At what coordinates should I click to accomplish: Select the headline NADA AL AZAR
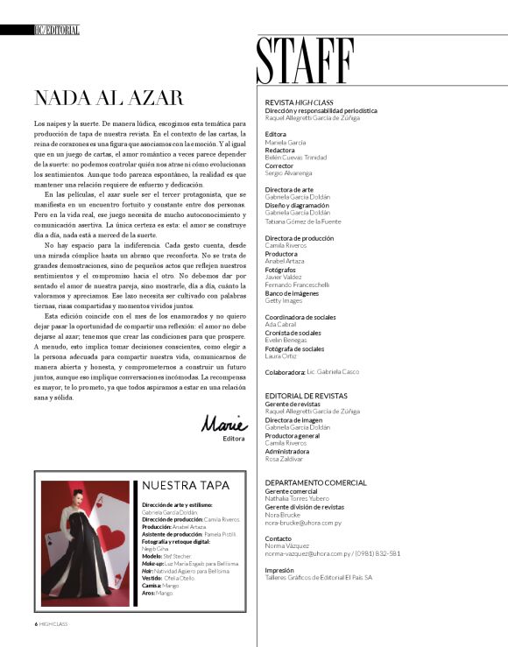pos(108,98)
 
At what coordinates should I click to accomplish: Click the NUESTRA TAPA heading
pos(186,484)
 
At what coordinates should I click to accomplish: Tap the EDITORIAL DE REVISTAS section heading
pos(306,395)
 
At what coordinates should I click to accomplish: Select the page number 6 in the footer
pos(25,624)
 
